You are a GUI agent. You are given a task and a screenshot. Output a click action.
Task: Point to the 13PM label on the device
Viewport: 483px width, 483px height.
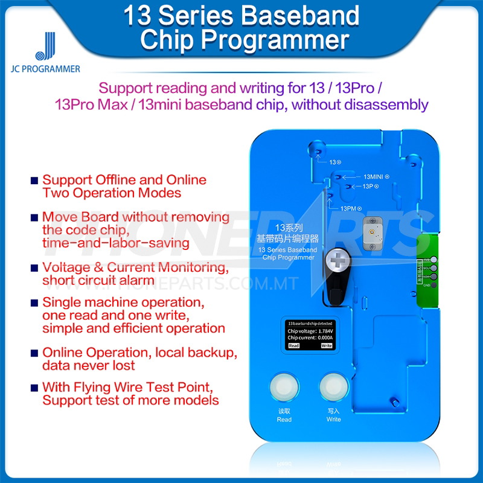[350, 208]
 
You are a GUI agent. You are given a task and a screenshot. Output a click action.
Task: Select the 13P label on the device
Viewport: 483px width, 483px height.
[370, 187]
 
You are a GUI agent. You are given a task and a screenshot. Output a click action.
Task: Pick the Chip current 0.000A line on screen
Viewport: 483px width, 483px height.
[309, 339]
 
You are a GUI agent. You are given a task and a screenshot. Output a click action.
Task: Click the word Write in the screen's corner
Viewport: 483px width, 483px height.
[326, 347]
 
